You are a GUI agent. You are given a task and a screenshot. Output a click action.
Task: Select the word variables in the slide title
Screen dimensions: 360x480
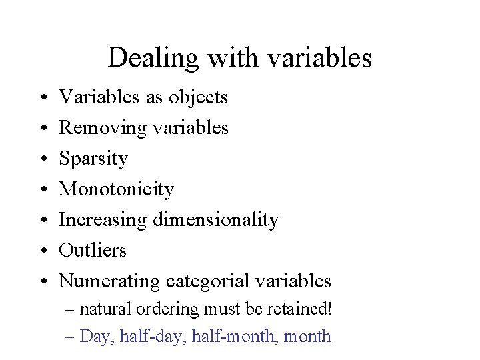[x=319, y=58]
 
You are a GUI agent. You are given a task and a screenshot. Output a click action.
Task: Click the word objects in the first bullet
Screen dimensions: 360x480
[x=198, y=97]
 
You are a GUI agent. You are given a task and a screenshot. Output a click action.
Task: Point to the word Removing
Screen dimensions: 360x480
[x=102, y=127]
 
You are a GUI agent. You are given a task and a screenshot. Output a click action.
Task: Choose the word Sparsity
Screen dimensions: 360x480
[x=93, y=159]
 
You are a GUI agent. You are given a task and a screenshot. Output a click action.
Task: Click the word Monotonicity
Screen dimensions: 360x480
[x=117, y=189]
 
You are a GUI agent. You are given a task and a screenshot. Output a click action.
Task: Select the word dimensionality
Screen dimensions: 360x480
[x=215, y=219]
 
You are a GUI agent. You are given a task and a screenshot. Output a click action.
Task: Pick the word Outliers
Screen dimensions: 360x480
[x=93, y=250]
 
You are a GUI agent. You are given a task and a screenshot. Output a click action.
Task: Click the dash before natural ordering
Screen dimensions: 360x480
[x=71, y=310]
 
